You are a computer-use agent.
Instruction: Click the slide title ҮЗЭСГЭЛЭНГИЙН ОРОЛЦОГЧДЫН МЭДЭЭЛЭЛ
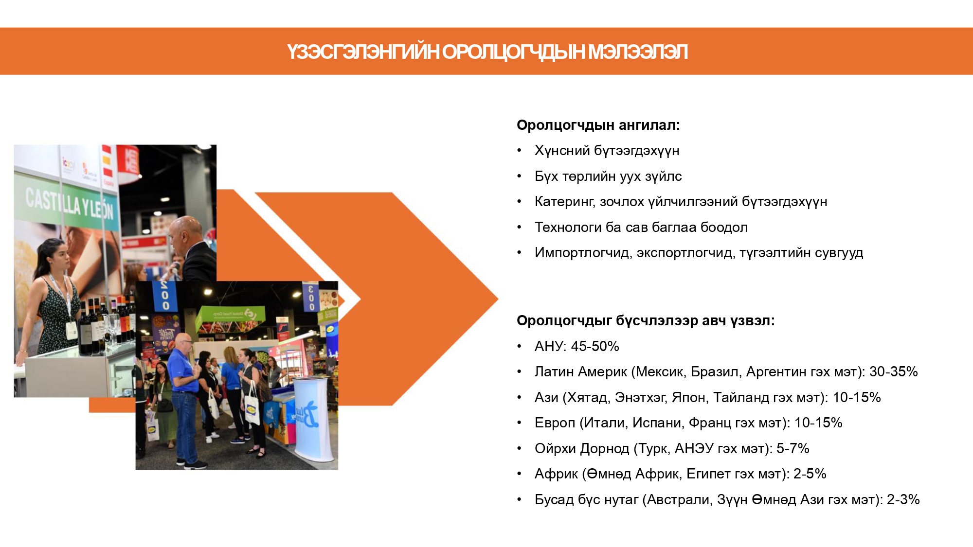point(487,52)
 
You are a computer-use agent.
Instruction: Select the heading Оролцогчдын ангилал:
point(598,125)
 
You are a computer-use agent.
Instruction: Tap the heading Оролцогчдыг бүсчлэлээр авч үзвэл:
point(645,321)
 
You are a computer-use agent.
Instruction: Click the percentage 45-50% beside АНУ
point(595,346)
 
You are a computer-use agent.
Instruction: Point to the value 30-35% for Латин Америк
point(893,372)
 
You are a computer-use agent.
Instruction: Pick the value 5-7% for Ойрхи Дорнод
point(793,448)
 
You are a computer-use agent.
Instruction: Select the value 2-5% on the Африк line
point(810,474)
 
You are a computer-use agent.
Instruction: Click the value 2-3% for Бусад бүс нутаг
point(903,499)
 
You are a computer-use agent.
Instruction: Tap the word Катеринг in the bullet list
point(564,202)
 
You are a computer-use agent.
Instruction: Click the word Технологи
point(568,227)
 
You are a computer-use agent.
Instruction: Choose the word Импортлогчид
point(582,253)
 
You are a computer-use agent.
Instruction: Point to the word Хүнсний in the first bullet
point(562,151)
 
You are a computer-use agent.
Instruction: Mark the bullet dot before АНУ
point(519,347)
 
